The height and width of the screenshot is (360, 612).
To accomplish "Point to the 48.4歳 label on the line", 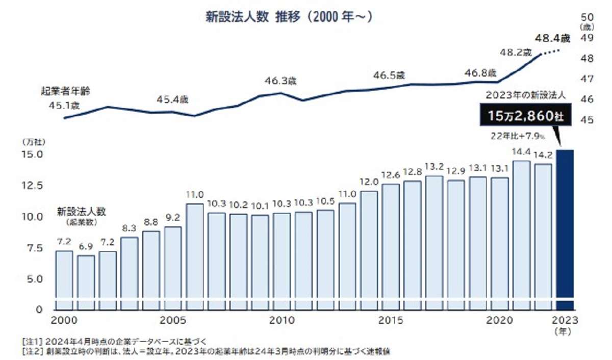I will [x=551, y=38].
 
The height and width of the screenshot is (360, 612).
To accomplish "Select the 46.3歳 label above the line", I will [x=280, y=81].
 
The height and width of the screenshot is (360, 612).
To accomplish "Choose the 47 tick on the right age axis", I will [x=586, y=79].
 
